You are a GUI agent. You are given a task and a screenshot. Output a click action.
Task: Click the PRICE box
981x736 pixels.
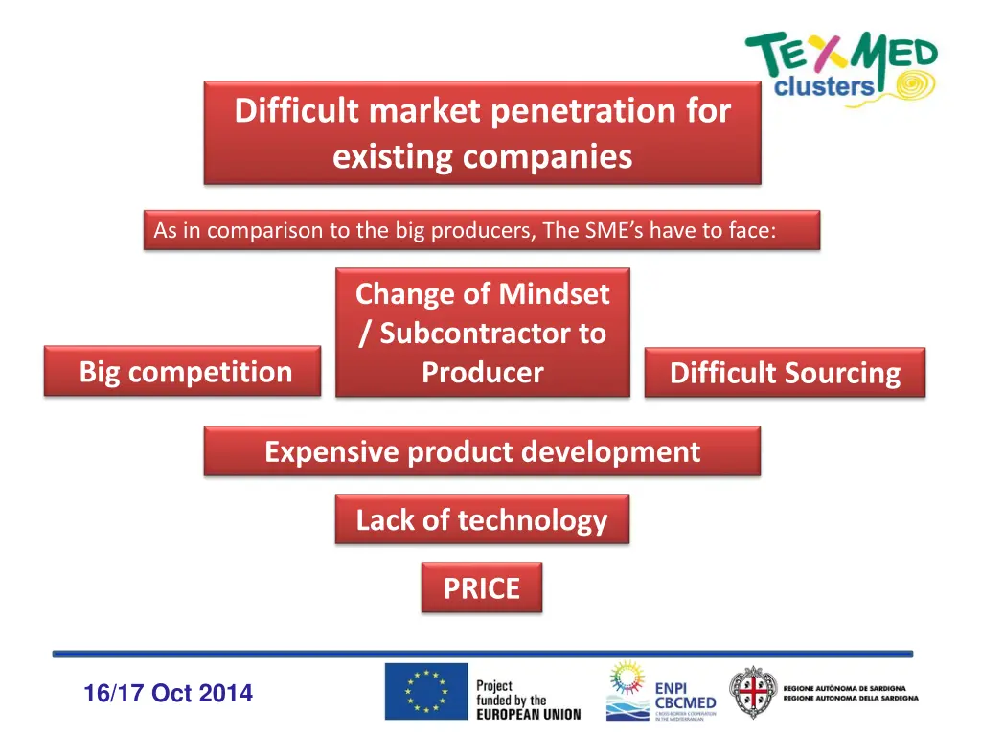click(481, 587)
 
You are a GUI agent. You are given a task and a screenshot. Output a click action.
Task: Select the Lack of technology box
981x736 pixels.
click(482, 519)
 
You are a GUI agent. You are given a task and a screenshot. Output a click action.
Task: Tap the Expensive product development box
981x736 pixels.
click(482, 451)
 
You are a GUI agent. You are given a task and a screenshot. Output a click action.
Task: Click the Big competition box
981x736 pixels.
click(182, 372)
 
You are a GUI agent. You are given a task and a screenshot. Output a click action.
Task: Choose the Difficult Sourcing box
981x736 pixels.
click(785, 373)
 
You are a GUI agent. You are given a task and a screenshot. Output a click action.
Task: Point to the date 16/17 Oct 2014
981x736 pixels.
click(168, 693)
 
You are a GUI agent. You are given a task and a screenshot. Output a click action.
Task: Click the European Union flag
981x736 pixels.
click(426, 692)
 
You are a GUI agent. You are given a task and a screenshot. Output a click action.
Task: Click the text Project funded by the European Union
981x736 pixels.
click(527, 700)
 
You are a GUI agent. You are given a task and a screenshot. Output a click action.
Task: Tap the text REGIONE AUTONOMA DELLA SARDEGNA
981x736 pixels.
click(851, 699)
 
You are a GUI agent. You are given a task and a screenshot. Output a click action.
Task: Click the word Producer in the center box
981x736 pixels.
click(482, 373)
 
